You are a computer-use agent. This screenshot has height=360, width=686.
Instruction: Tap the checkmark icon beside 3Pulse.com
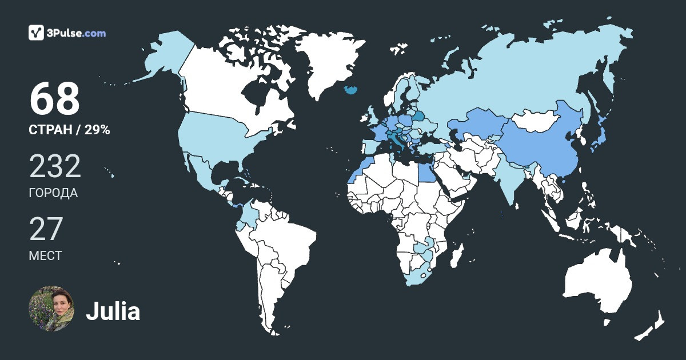tap(37, 33)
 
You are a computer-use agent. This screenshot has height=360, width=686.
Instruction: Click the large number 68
tap(54, 99)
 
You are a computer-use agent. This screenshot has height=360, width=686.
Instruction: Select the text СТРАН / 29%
tap(69, 130)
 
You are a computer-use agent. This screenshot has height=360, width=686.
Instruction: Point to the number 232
tap(55, 166)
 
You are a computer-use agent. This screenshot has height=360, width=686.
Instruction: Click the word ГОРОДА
tap(53, 193)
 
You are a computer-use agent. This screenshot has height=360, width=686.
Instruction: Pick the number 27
tap(45, 229)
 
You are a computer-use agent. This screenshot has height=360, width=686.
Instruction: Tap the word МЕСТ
tap(45, 255)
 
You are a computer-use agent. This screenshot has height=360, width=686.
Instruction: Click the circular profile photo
tap(51, 309)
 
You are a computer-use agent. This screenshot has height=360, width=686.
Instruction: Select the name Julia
tap(113, 311)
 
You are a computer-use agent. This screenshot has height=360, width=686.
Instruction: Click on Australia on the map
tap(597, 283)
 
